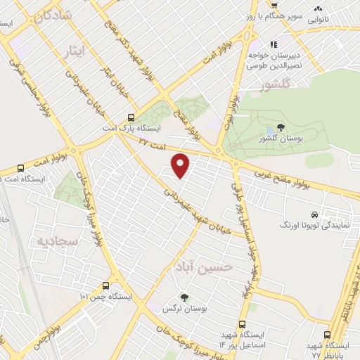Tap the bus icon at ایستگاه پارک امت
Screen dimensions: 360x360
point(130,118)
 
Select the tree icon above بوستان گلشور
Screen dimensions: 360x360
point(281,127)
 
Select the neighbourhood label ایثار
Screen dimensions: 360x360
point(72,51)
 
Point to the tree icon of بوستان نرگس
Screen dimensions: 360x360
point(184,297)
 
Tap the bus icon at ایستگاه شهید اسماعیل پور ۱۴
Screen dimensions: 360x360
point(243,325)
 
